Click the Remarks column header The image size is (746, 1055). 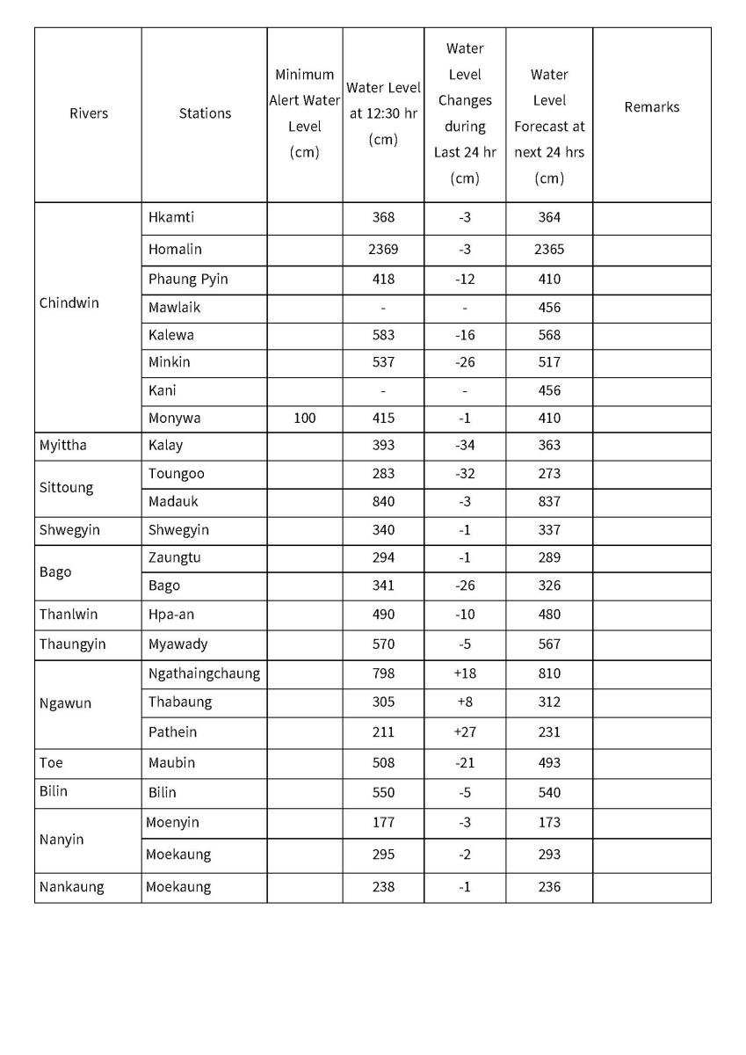651,107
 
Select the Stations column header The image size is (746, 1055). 205,113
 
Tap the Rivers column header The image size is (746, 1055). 89,113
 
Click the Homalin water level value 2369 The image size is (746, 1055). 383,250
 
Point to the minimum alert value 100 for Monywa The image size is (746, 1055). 304,418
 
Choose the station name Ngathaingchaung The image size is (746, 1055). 204,674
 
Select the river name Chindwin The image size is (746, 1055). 69,303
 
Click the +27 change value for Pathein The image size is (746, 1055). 464,732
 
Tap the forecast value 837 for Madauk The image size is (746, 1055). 549,502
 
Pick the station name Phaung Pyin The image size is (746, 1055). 188,280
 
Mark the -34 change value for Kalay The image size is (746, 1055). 464,446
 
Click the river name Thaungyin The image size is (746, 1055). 72,644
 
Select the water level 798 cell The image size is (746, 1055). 383,674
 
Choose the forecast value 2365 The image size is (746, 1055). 549,250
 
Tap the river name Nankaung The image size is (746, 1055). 71,887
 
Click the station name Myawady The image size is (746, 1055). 178,644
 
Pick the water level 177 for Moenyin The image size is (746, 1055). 383,823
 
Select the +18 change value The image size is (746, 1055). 464,674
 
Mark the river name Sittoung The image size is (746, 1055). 66,488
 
